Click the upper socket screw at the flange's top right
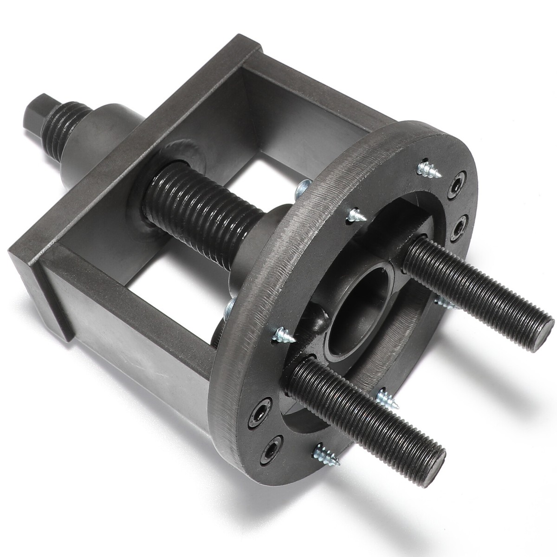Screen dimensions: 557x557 tap(458, 186)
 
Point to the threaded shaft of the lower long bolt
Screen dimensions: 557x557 tap(371, 408)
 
